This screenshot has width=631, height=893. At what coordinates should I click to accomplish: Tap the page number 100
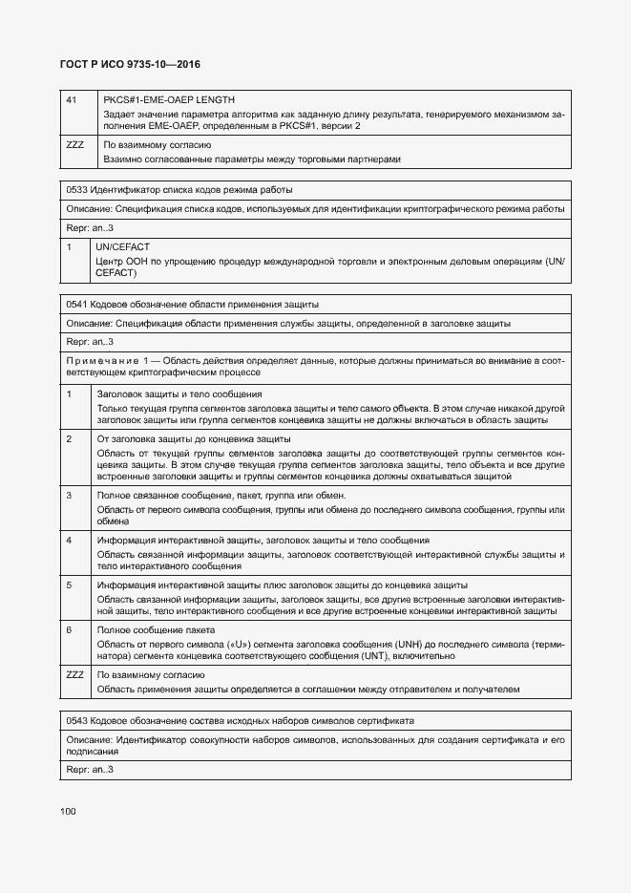coord(68,811)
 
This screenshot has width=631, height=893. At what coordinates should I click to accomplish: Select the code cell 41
coord(72,100)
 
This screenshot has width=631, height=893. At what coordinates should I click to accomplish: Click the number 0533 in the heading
coord(77,190)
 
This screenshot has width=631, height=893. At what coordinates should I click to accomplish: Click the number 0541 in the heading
coord(77,305)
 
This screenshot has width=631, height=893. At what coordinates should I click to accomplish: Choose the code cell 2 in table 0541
coord(70,438)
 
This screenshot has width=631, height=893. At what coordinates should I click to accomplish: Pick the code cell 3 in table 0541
coord(70,496)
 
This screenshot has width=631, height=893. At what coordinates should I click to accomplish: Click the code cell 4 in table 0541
coord(70,541)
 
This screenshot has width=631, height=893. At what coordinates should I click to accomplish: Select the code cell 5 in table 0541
coord(70,585)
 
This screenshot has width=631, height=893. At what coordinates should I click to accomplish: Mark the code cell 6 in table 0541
coord(70,629)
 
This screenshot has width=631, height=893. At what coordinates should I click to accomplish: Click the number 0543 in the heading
coord(77,719)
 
